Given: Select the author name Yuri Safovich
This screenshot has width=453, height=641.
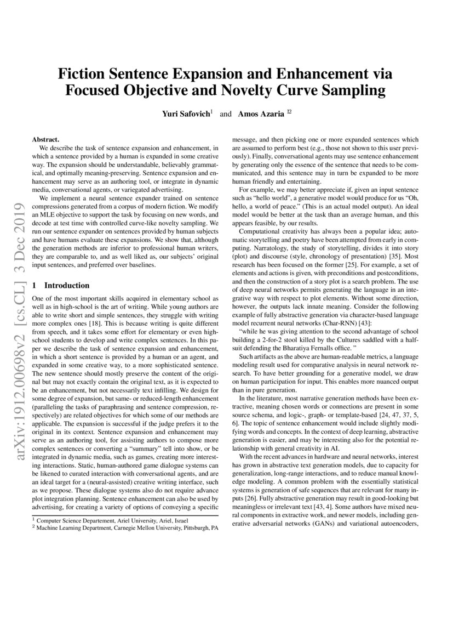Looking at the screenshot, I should click(x=185, y=114).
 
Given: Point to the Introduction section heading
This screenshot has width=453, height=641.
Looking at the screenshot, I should click(x=66, y=285).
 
